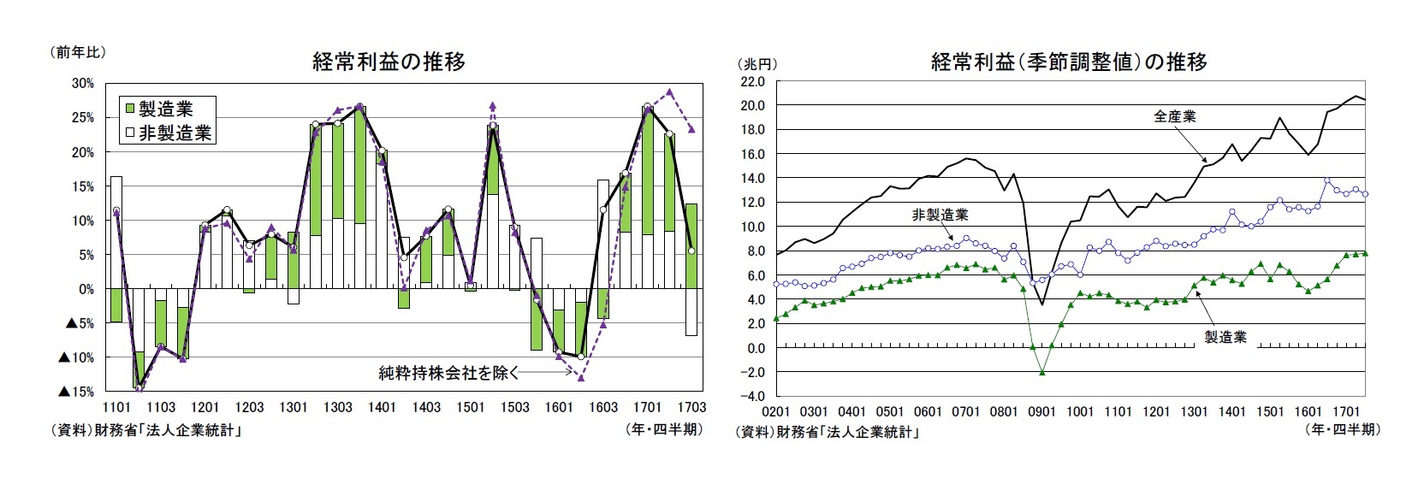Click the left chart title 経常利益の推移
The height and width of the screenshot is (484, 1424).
pos(389,62)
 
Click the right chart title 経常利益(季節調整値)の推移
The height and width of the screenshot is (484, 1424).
pos(1069,62)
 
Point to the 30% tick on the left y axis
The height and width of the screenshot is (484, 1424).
pos(83,83)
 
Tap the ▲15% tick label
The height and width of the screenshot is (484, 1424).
pos(76,392)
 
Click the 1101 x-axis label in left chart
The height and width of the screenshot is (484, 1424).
pos(116,408)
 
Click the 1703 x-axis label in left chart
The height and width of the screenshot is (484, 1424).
pos(691,408)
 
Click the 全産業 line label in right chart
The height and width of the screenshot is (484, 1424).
pos(1174,117)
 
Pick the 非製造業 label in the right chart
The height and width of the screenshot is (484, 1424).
pos(940,215)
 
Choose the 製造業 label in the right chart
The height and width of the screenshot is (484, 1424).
pos(1225,337)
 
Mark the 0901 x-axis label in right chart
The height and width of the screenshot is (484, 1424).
pos(1041,411)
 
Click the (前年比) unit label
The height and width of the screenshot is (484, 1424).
pos(78,52)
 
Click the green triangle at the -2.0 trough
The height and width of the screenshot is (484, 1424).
pos(1042,372)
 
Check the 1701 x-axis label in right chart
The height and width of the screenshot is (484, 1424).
pos(1345,411)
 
